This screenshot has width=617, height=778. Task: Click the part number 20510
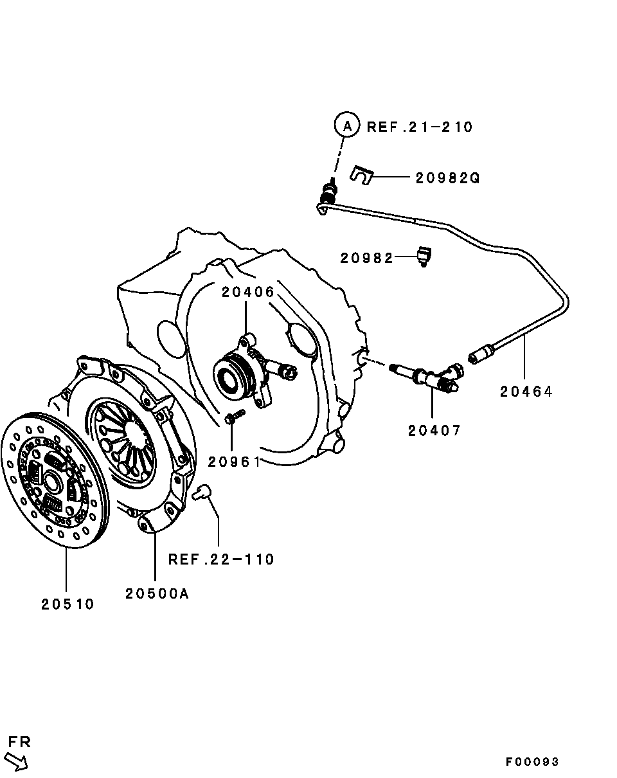(x=67, y=604)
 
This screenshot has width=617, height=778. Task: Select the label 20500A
(x=157, y=593)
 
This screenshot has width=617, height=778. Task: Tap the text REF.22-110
(x=221, y=559)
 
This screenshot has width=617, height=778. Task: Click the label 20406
(x=248, y=292)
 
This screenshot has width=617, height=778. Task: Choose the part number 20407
(x=434, y=430)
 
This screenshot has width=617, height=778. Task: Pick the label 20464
(x=526, y=391)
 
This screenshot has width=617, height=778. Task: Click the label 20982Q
(x=447, y=177)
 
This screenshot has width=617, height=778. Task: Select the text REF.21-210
(x=420, y=127)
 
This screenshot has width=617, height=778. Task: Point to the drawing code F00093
(x=532, y=762)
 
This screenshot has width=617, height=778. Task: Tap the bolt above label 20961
(x=234, y=416)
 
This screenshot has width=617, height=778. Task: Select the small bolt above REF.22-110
(x=201, y=493)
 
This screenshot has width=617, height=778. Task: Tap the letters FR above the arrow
(x=19, y=742)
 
